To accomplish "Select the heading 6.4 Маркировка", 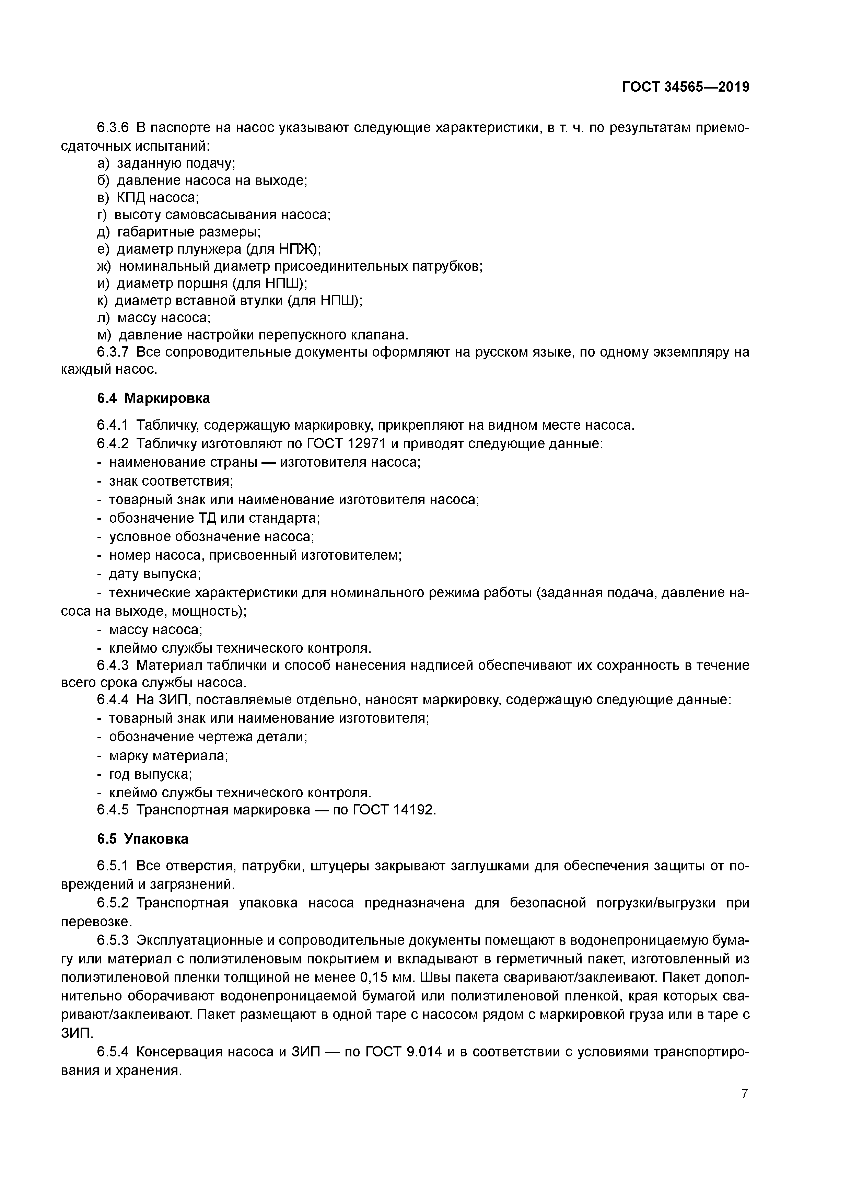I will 153,398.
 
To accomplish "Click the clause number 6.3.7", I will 113,352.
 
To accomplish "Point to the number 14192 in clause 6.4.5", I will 414,810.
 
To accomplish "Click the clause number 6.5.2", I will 113,903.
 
